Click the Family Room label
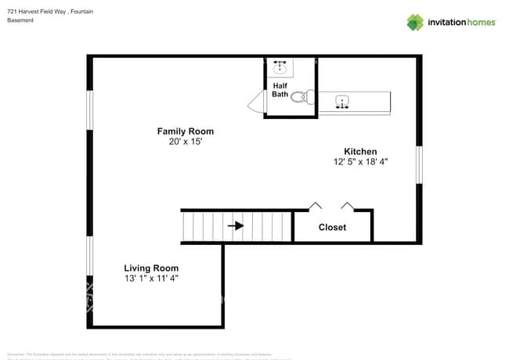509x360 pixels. pyautogui.click(x=185, y=131)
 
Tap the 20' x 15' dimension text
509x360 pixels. pyautogui.click(x=185, y=142)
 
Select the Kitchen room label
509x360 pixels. pyautogui.click(x=360, y=151)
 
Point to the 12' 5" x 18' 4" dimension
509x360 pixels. pyautogui.click(x=360, y=162)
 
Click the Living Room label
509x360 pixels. pyautogui.click(x=151, y=268)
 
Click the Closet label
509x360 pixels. pyautogui.click(x=332, y=228)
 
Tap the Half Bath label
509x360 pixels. pyautogui.click(x=280, y=89)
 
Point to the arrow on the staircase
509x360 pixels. pyautogui.click(x=236, y=226)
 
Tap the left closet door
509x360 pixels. pyautogui.click(x=315, y=206)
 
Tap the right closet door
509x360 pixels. pyautogui.click(x=348, y=206)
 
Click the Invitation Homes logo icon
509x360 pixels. pyautogui.click(x=415, y=22)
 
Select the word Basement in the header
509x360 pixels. pyautogui.click(x=20, y=20)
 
